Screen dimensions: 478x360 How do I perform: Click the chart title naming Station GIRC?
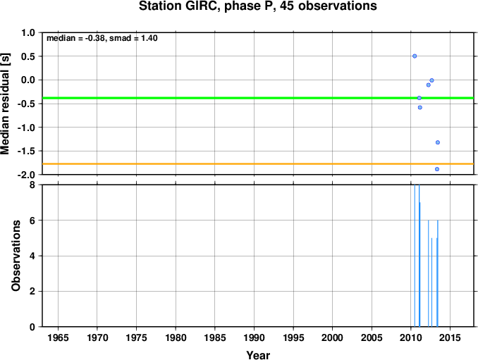[257, 6]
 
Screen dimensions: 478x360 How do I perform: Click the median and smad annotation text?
[102, 38]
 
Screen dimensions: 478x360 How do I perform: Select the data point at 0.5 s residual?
[415, 56]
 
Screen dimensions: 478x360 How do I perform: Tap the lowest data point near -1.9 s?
[437, 169]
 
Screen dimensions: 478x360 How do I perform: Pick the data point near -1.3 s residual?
[438, 142]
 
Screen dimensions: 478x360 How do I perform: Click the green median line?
[258, 98]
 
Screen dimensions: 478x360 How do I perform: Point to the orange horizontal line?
[258, 164]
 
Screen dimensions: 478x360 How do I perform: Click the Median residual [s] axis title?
[6, 104]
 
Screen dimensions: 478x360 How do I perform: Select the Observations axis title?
[16, 256]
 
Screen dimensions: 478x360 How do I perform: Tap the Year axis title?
[258, 355]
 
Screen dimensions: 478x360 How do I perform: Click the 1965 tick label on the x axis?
[59, 337]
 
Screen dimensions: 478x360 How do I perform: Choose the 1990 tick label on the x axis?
[255, 337]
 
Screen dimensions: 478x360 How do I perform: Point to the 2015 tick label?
[451, 337]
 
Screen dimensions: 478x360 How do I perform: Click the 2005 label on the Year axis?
[372, 337]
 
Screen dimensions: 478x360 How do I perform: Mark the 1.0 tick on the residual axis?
[28, 32]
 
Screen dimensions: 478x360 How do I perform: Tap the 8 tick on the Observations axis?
[32, 185]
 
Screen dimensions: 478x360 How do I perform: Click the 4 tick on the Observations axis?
[32, 256]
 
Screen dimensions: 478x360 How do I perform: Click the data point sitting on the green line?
[419, 98]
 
